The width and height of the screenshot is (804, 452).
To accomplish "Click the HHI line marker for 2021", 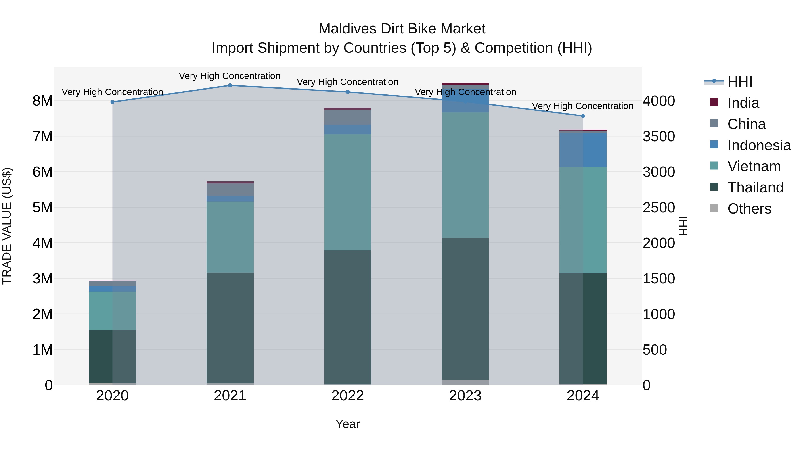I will coord(230,85).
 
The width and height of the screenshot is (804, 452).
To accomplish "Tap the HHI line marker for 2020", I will coord(112,102).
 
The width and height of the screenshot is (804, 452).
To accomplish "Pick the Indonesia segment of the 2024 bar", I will coord(583,150).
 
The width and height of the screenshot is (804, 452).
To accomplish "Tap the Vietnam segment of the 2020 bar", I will coord(112,310).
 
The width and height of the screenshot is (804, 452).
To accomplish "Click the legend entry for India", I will coord(743,103).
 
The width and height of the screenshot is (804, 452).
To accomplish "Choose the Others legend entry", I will coord(749,209).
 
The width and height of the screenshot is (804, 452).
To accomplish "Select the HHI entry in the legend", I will coord(739,82).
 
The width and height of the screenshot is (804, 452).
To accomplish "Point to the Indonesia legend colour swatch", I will coord(714,144).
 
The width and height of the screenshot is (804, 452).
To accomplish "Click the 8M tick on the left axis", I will coord(42,101).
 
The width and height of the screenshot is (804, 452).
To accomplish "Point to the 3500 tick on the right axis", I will coord(659,136).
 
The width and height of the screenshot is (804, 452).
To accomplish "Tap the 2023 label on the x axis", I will coord(465,396).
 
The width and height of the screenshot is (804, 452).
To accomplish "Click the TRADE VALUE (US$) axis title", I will coord(7,226).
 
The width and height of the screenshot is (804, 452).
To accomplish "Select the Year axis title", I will coord(347,424).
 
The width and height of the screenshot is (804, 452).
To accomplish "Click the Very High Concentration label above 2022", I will coord(347,82).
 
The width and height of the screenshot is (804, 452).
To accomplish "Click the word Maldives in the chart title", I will coord(347,29).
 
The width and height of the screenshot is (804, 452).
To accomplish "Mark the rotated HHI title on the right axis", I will coord(683,226).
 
